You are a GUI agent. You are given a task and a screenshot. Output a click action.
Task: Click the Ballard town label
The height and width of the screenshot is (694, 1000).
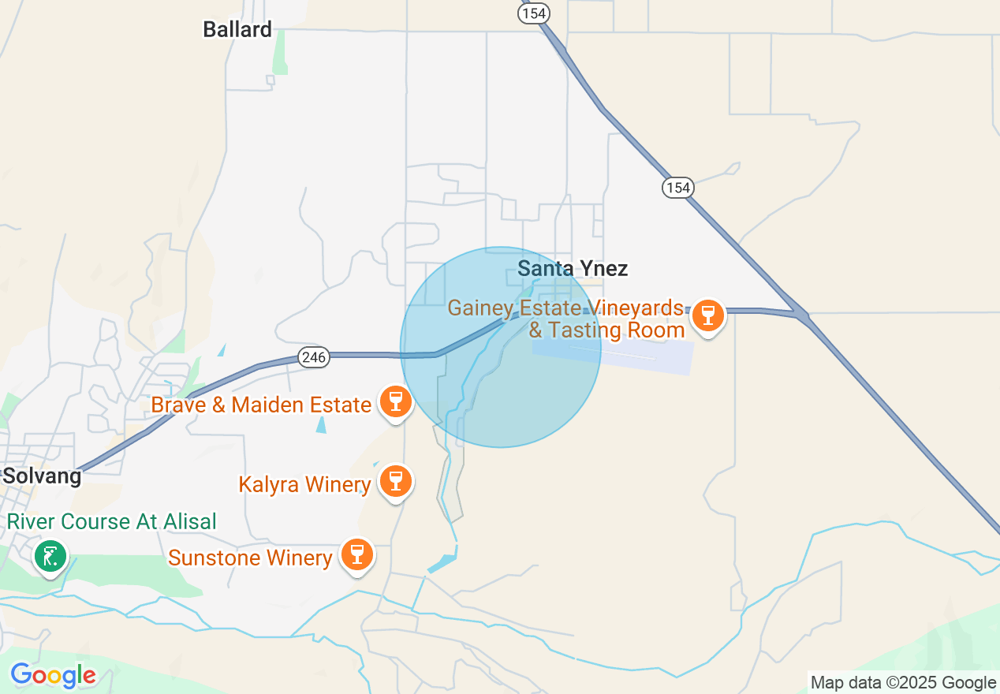(x=237, y=30)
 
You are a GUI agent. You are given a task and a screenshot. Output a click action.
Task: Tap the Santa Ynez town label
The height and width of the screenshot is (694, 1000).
(x=573, y=269)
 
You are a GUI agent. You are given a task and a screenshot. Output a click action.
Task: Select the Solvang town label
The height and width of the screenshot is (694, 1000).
(x=42, y=476)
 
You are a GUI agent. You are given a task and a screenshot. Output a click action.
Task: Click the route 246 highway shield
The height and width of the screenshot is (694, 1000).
(x=314, y=357)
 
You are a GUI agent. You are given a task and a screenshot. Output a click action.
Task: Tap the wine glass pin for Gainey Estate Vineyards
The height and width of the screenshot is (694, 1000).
(x=707, y=316)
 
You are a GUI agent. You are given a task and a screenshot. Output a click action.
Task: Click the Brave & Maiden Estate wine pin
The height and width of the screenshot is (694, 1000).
(x=396, y=401)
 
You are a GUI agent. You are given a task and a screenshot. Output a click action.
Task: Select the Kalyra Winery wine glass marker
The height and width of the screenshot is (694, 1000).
(x=395, y=480)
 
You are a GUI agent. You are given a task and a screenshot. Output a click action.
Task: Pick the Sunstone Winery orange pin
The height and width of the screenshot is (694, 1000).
(x=357, y=554)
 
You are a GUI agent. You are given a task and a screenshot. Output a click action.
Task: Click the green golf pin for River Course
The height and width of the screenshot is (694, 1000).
(x=50, y=556)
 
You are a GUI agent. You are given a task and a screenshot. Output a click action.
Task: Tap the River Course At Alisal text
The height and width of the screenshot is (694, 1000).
(x=111, y=522)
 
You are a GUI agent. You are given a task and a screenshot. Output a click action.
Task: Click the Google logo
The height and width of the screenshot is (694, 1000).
(x=53, y=675)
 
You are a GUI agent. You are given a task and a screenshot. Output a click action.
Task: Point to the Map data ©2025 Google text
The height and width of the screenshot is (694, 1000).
(x=903, y=683)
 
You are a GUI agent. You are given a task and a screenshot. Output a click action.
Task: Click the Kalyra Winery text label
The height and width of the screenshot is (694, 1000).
(x=304, y=484)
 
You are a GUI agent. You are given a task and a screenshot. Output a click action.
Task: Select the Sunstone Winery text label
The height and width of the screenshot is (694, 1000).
(x=250, y=558)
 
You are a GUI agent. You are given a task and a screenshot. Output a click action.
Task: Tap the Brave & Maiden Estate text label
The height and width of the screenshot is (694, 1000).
(x=261, y=405)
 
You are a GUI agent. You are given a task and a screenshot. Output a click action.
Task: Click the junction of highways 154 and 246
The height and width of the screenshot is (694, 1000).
(x=802, y=316)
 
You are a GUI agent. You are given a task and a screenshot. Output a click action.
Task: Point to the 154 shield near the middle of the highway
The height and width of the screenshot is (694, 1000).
(x=677, y=188)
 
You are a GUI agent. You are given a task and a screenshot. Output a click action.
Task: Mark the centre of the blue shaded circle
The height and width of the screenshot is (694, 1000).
(x=501, y=348)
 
